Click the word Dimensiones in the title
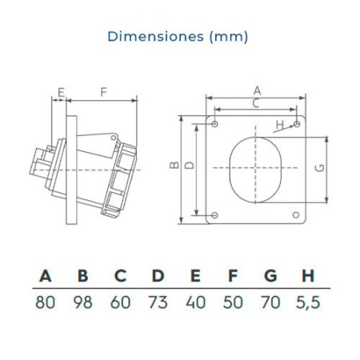[156, 36]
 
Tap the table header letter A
[46, 276]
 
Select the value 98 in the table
[83, 302]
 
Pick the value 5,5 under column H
[308, 303]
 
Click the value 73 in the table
[158, 302]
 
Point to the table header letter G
[270, 276]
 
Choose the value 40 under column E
[196, 302]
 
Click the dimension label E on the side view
[62, 93]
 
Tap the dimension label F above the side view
[103, 92]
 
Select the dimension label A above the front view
[257, 90]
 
